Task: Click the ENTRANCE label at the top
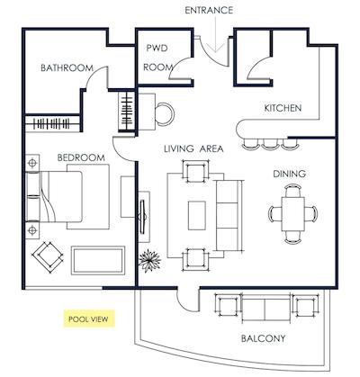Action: coord(210,10)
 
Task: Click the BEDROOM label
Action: coord(82,157)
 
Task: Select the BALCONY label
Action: coord(263,338)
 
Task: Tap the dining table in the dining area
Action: coord(292,213)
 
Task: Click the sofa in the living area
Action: coord(231,214)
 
